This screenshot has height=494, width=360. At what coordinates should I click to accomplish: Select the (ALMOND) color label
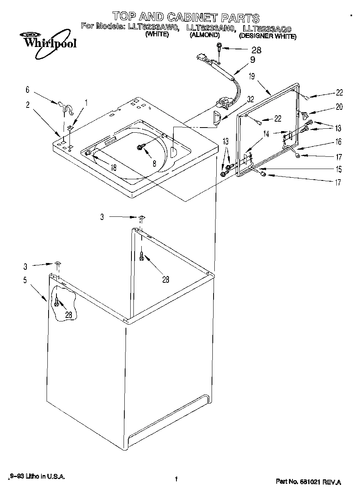click(x=204, y=35)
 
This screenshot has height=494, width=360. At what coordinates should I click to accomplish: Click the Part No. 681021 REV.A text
click(x=308, y=482)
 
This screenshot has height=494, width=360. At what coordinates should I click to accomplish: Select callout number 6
click(x=28, y=90)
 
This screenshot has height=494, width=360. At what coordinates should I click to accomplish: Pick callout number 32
click(x=250, y=100)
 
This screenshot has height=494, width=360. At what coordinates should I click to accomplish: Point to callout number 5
click(x=25, y=280)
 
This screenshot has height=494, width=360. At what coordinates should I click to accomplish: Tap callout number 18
click(x=113, y=167)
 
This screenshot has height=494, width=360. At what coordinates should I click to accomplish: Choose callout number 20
click(x=339, y=107)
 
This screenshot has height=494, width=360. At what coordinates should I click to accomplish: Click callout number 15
click(x=339, y=169)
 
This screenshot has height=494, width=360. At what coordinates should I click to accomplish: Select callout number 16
click(x=339, y=142)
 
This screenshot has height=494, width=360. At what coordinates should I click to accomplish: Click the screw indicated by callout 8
click(x=140, y=147)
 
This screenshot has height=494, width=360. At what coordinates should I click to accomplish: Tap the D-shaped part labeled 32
click(x=216, y=118)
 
